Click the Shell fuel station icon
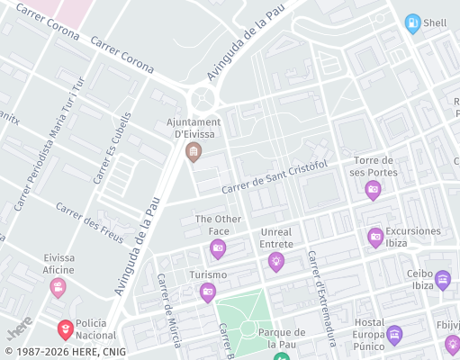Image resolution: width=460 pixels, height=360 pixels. click(412, 23)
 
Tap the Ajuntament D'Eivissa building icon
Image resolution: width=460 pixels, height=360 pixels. click(193, 152)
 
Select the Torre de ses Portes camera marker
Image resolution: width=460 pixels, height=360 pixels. click(373, 189)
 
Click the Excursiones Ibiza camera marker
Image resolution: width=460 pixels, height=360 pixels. click(375, 238)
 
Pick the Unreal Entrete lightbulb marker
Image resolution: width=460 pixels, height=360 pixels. click(275, 262)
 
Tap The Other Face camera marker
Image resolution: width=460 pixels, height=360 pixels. click(218, 248)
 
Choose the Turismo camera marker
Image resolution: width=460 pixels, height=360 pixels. click(208, 292)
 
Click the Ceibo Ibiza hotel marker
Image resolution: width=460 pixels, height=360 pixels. click(443, 281)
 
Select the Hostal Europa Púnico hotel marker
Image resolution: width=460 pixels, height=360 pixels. click(393, 335)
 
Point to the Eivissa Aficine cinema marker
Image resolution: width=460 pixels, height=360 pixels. click(59, 287)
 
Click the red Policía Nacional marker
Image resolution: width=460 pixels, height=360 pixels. click(66, 329)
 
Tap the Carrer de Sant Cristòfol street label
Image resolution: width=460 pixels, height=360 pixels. click(274, 177)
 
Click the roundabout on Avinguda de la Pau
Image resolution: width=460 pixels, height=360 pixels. click(204, 97)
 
